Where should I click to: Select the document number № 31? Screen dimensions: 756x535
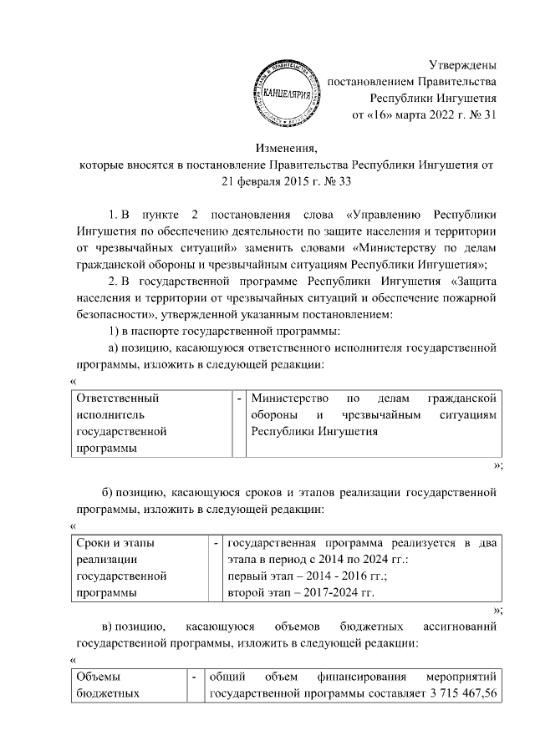pyautogui.click(x=481, y=115)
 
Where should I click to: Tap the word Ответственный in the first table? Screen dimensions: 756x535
pyautogui.click(x=117, y=398)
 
